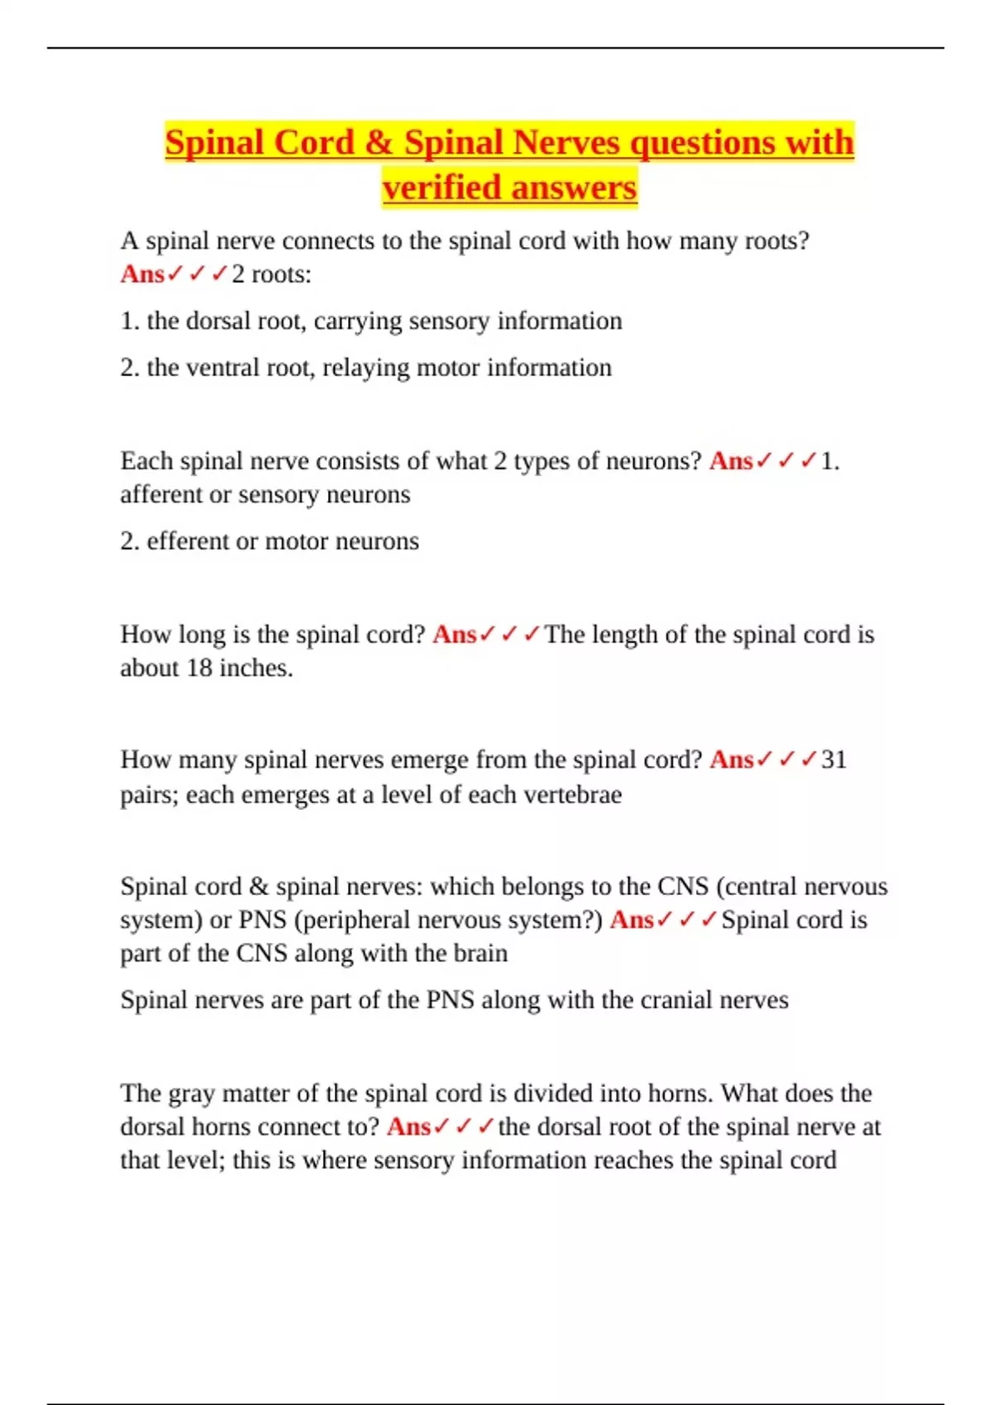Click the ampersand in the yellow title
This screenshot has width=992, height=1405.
click(378, 142)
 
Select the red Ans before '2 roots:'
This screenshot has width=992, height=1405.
click(142, 274)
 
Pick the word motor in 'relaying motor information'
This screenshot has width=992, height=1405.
click(447, 367)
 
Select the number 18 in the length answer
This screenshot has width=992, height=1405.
click(199, 668)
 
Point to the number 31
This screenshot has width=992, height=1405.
click(834, 759)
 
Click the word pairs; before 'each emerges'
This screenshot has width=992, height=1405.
click(149, 794)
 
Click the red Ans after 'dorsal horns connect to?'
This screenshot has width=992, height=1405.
click(408, 1126)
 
